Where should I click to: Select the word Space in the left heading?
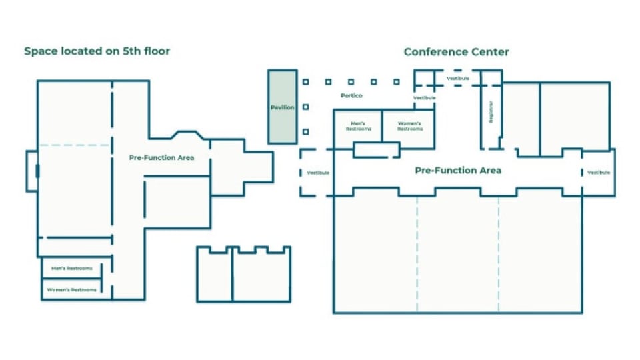click(39, 51)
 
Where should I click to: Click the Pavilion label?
click(283, 107)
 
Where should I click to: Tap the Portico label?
click(351, 95)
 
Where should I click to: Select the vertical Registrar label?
click(491, 112)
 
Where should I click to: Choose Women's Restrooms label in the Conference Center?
click(410, 125)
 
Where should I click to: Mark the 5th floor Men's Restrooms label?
click(71, 269)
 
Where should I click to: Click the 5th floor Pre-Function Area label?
click(161, 158)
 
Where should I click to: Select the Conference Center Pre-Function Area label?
click(458, 171)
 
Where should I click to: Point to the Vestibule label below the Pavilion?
click(318, 173)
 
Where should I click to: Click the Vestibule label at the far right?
click(598, 173)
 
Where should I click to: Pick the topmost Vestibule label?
click(458, 78)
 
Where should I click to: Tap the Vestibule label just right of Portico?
click(425, 98)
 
